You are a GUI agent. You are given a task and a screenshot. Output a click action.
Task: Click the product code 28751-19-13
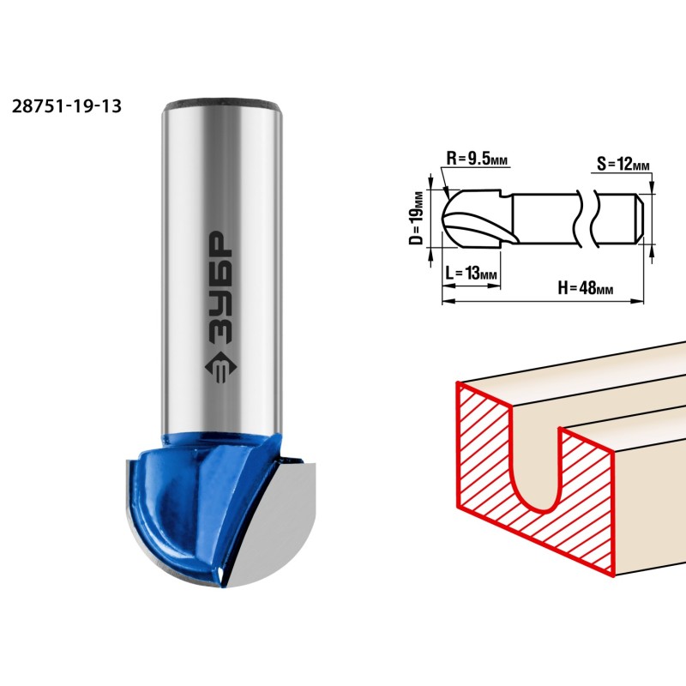67,106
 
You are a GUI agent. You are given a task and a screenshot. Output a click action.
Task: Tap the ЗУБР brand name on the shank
221,286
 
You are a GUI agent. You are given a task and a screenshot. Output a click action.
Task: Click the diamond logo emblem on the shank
221,367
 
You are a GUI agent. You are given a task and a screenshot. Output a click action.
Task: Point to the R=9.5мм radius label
477,159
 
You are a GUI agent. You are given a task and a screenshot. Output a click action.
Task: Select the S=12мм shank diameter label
623,165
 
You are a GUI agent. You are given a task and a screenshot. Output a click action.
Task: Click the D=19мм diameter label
418,218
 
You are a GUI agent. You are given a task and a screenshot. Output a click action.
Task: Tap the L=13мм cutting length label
471,273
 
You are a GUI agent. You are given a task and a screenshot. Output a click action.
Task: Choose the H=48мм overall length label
586,288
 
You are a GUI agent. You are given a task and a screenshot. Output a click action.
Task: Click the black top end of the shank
221,103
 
